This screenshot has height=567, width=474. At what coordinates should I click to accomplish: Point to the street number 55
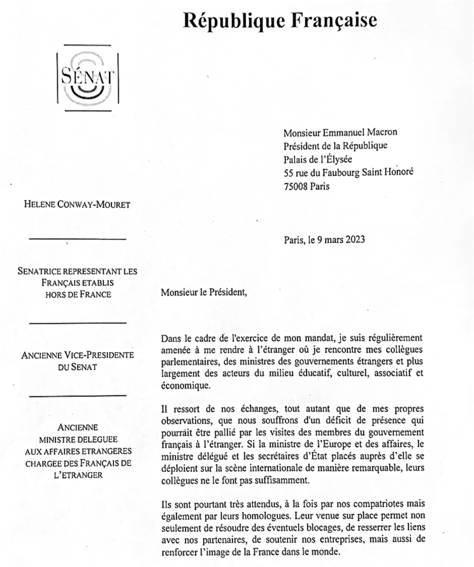[x=288, y=173]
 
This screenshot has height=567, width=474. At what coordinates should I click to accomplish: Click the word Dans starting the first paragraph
[x=171, y=337]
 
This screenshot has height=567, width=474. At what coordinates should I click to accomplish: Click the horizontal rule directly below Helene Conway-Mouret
[x=78, y=239]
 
